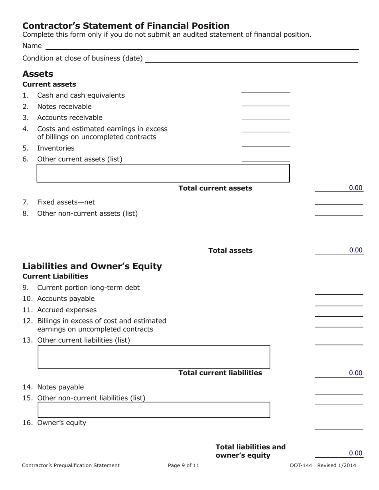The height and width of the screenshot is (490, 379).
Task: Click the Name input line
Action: (201, 46)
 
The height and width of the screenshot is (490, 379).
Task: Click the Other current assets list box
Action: (163, 173)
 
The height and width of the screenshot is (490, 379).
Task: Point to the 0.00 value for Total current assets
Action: (355, 188)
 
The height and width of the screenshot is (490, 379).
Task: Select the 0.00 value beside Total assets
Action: (355, 250)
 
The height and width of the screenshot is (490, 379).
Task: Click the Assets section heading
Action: (38, 74)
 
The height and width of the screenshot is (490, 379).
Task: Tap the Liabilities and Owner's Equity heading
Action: (92, 266)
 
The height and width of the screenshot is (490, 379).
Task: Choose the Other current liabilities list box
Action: (154, 357)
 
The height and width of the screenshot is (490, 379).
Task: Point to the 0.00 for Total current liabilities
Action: (355, 373)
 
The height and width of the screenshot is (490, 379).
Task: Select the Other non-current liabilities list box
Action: (154, 410)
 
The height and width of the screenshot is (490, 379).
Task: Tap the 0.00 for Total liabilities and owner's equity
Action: (355, 453)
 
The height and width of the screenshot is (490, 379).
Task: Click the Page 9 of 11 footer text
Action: (184, 465)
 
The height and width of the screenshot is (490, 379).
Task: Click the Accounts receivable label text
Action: (70, 118)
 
